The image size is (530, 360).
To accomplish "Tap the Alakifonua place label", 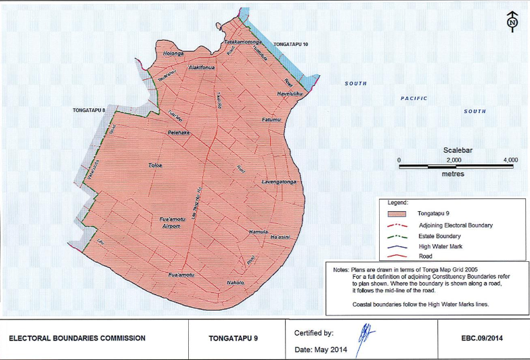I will point(202,68).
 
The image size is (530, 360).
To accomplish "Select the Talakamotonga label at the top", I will point(243,42).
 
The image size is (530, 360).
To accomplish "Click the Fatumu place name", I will point(271,120).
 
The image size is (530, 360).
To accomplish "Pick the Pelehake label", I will point(179,133).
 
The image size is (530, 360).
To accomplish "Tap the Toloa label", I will point(155,165).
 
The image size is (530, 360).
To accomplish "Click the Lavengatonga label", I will point(279,182).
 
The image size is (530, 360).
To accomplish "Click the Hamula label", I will point(259,231).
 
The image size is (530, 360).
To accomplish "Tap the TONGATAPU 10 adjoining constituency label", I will point(290,44).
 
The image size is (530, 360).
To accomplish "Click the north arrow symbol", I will point(512,20).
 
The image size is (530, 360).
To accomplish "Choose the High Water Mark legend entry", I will point(441,246).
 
